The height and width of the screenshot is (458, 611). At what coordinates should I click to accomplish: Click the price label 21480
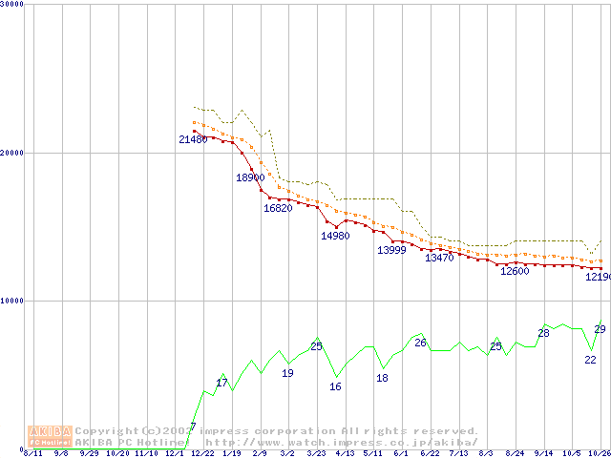pos(193,140)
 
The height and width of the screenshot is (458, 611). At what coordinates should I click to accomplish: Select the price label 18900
pos(250,178)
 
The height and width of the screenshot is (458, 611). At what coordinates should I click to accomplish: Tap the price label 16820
pos(278,209)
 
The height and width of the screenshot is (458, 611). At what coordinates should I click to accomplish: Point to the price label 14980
pos(335,236)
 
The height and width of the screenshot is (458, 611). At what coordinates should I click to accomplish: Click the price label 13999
pos(391,250)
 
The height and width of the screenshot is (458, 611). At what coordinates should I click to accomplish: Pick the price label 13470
pos(439,259)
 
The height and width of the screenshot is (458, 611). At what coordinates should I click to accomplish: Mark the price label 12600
pos(515,271)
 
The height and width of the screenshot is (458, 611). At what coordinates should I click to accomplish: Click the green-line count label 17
pos(221,383)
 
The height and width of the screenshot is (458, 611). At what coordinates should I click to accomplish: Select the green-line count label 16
pos(335,386)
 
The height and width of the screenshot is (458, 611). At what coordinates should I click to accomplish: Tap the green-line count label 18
pos(382,378)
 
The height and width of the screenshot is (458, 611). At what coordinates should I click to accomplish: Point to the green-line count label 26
pos(420,343)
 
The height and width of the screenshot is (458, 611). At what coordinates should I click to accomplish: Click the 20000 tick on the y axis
pos(11,153)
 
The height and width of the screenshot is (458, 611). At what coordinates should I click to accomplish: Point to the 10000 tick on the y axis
pos(11,301)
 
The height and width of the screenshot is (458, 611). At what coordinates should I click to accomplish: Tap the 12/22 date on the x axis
pos(202,453)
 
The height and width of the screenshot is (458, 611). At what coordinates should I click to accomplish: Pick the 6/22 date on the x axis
pos(430,453)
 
